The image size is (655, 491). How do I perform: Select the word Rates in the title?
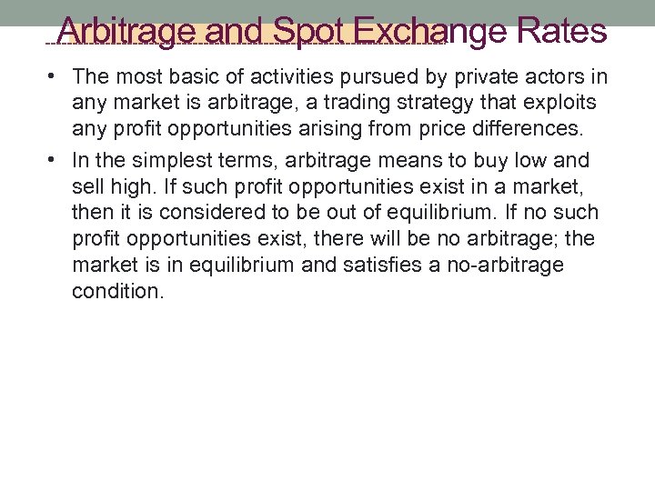(x=560, y=32)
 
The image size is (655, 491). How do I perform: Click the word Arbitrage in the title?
(x=127, y=32)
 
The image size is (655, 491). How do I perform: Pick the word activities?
(x=287, y=77)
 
